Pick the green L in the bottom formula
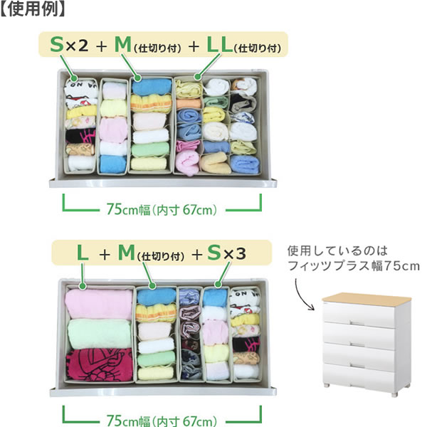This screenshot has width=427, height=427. [x=83, y=252]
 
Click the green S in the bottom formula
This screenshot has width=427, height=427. [x=213, y=252]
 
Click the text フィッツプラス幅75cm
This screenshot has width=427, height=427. [x=353, y=266]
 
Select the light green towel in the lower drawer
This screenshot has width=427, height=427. [x=99, y=334]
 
